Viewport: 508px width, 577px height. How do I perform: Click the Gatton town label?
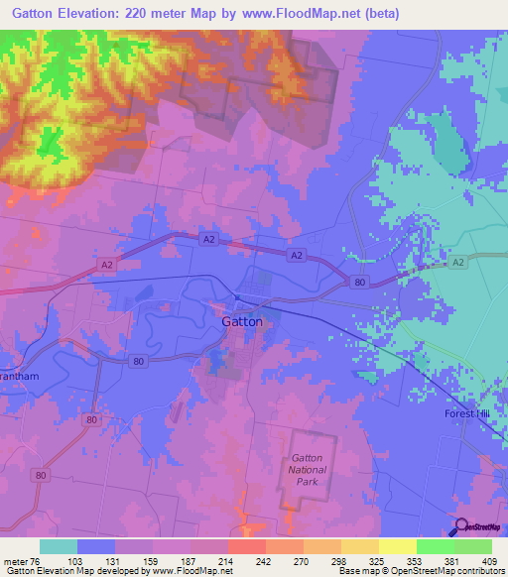click(241, 322)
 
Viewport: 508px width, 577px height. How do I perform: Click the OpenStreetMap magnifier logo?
click(461, 526)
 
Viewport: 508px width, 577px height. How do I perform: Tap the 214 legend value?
click(224, 560)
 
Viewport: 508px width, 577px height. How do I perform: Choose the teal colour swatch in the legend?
click(59, 546)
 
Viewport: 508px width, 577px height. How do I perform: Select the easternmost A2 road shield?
click(456, 262)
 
